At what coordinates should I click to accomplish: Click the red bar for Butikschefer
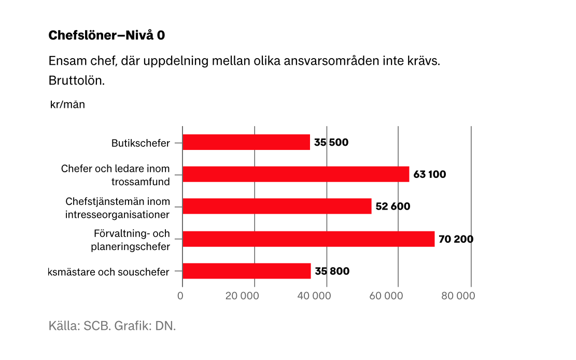pos(246,142)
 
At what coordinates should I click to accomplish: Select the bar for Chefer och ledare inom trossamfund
pos(296,174)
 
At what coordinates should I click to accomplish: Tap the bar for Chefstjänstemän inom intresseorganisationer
pos(277,206)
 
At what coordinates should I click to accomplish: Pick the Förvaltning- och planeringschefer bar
pos(308,239)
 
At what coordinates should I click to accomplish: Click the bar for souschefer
pos(247,271)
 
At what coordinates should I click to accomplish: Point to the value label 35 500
pos(331,143)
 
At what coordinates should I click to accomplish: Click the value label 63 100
pos(429,174)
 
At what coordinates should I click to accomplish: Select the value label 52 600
pos(392,206)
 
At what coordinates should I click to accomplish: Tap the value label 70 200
pos(456,239)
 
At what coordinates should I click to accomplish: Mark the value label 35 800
pos(332,271)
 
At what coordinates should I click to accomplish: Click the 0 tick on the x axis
pos(180,296)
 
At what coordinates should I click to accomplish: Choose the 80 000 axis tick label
pos(458,296)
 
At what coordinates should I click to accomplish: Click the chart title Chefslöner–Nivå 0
pos(106,35)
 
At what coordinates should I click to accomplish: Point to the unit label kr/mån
pos(67,104)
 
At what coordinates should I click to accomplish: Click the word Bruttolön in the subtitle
pos(77,81)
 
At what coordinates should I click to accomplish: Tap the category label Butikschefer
pos(141,143)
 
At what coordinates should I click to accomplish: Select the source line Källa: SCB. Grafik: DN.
pos(112,326)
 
